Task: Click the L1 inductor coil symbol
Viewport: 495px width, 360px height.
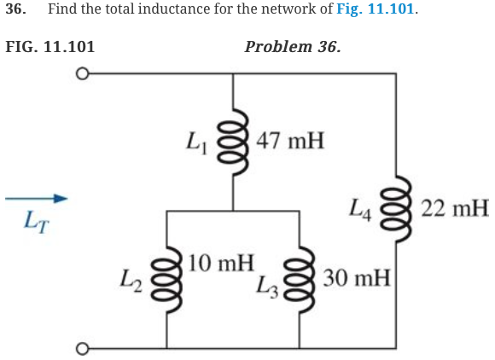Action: (233, 142)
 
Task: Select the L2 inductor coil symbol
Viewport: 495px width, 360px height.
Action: (166, 278)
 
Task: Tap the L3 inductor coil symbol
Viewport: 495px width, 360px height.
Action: (300, 278)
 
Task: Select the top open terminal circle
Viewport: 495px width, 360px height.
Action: (82, 73)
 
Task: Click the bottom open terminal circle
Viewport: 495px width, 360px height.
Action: (82, 349)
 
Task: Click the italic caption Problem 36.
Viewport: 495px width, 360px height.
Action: (292, 45)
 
